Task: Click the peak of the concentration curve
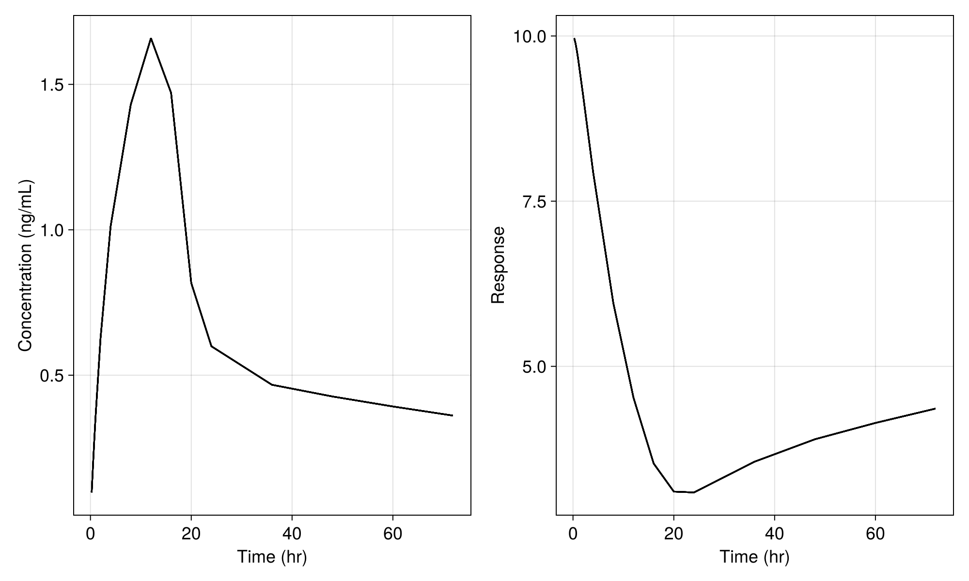tap(151, 38)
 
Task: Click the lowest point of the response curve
tap(694, 492)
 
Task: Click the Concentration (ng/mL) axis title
tap(25, 265)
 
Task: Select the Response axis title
tap(498, 265)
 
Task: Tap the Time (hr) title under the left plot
tap(272, 557)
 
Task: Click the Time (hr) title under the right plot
tap(754, 557)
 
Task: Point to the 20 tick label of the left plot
tap(191, 534)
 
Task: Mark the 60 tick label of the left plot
tap(392, 534)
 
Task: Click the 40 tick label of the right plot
tap(774, 534)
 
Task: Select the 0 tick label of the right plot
tap(573, 534)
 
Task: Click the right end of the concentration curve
tap(453, 415)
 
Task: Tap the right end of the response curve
tap(935, 409)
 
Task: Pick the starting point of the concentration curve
tap(92, 492)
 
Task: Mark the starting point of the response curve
tap(574, 39)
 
